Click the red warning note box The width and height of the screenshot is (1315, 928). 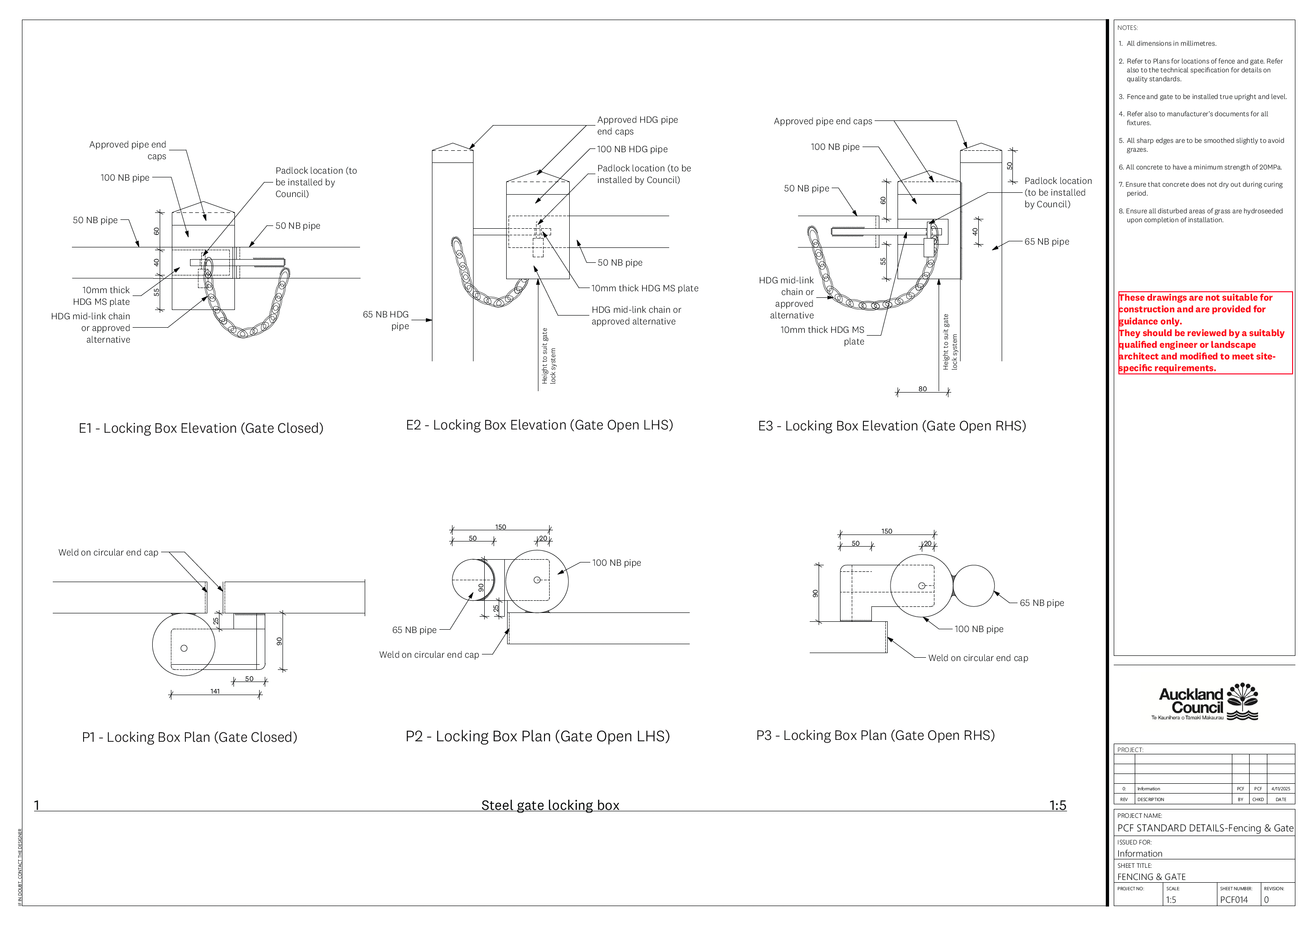(x=1205, y=333)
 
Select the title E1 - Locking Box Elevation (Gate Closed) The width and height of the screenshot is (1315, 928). (x=201, y=428)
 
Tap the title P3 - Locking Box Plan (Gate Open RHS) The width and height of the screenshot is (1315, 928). (x=875, y=735)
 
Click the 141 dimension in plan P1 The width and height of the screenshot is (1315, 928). (x=215, y=691)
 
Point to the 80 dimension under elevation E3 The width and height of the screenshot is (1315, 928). (x=922, y=389)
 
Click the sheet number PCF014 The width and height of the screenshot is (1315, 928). (x=1233, y=900)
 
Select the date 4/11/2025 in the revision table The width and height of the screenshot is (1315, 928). (x=1280, y=788)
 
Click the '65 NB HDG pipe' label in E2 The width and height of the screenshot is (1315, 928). (x=387, y=320)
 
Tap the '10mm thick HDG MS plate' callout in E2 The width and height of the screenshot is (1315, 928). (x=645, y=288)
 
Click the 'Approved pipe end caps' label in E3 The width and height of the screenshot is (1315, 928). (x=822, y=121)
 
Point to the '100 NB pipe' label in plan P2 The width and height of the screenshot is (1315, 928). (x=616, y=563)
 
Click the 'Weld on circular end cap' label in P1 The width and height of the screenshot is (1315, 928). (x=108, y=552)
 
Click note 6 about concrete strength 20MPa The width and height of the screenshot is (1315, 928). (x=1203, y=167)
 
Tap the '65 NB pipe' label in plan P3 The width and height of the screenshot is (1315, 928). (x=1042, y=603)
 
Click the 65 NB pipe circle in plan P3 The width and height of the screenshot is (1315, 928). (x=974, y=586)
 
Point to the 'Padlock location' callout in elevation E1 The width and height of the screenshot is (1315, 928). (x=316, y=182)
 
